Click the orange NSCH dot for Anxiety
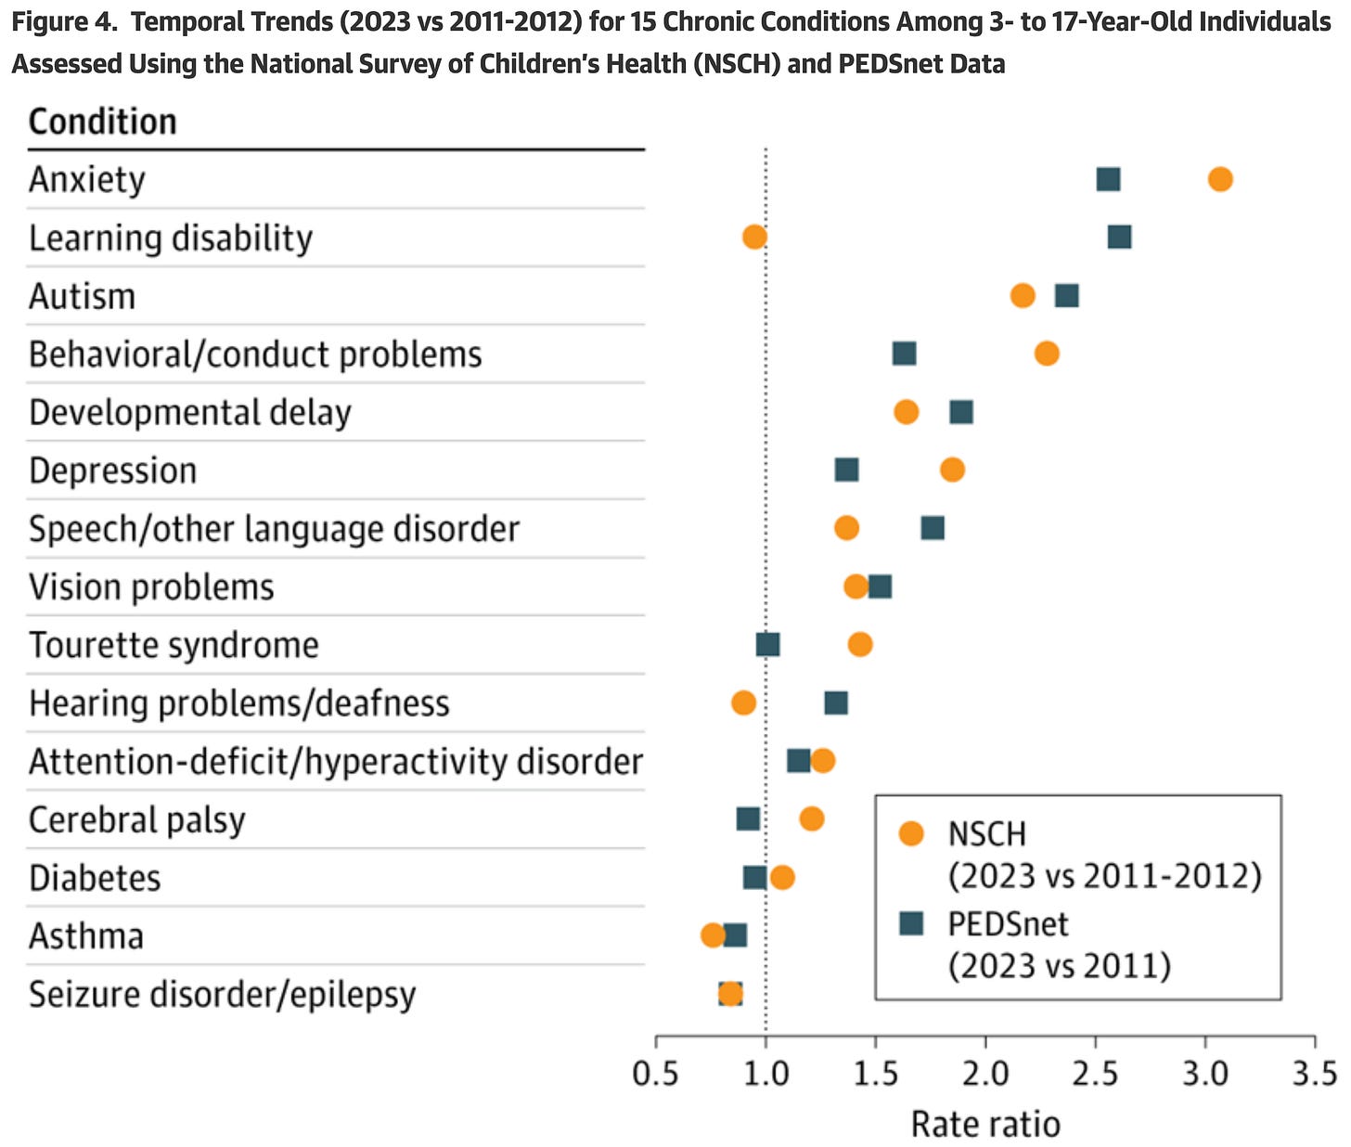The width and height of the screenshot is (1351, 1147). click(x=1220, y=179)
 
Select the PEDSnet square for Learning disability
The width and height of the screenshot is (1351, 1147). click(x=1119, y=238)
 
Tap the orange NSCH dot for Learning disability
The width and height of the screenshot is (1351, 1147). click(x=754, y=238)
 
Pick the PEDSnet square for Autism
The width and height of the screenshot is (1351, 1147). click(x=1067, y=296)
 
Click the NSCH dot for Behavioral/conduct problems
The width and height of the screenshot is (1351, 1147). click(x=1047, y=354)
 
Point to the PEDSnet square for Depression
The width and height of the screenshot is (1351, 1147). click(x=846, y=470)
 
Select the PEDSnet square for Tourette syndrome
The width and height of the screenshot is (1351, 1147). click(x=767, y=645)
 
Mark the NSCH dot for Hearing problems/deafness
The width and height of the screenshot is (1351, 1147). click(x=743, y=703)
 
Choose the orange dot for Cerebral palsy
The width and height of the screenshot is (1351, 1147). click(x=812, y=818)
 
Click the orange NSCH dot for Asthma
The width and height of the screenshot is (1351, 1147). click(x=713, y=935)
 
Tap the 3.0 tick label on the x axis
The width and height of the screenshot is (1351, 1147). click(x=1205, y=1074)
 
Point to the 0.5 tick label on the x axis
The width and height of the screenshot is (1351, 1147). click(x=656, y=1074)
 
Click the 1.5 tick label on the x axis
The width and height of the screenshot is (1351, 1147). click(x=876, y=1074)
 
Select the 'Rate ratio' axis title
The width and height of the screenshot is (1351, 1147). click(x=985, y=1124)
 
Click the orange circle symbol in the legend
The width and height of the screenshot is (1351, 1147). click(x=911, y=833)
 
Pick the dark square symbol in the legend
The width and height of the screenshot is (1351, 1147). click(x=911, y=923)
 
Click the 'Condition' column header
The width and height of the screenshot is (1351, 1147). click(x=102, y=122)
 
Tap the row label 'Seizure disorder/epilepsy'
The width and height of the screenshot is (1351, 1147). click(x=222, y=995)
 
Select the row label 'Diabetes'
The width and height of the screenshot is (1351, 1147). click(x=95, y=878)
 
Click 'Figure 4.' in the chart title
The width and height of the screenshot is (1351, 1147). click(x=64, y=22)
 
